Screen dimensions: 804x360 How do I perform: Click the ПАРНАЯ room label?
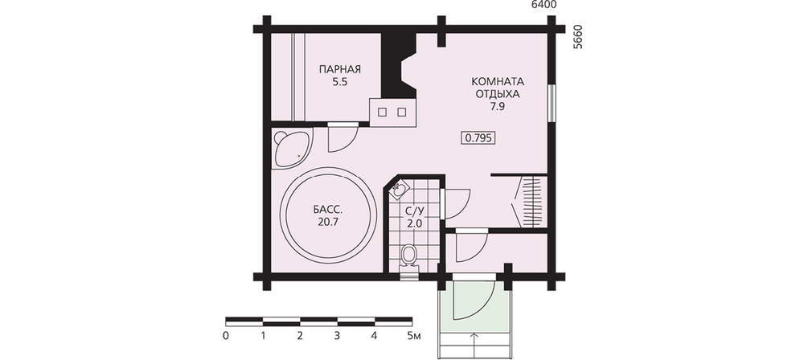(x=339, y=69)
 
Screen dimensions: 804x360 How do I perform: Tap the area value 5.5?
(x=339, y=81)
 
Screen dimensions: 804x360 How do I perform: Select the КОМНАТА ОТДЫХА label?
(x=497, y=88)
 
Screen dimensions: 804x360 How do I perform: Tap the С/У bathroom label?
(x=414, y=211)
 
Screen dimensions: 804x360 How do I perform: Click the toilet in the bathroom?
(x=408, y=256)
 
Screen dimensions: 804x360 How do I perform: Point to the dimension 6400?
(x=544, y=5)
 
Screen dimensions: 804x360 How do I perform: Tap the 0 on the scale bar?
(x=226, y=337)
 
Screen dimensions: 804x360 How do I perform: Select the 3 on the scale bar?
(x=337, y=337)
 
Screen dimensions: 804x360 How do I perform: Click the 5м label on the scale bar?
(x=413, y=337)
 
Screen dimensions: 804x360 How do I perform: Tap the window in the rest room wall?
(x=552, y=103)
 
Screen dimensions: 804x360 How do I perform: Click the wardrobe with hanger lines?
(x=529, y=202)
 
